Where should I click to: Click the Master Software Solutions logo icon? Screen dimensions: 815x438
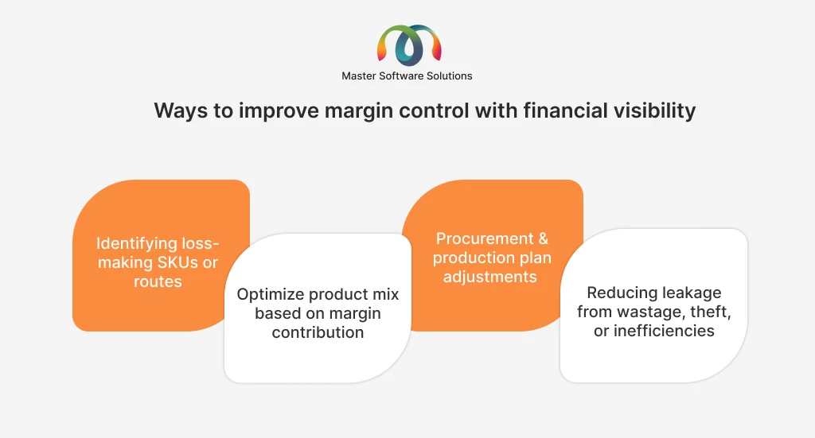[x=409, y=45]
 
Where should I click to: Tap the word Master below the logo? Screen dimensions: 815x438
[x=359, y=76]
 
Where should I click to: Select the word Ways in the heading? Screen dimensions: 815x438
[x=181, y=111]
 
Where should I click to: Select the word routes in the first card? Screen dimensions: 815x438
[x=158, y=281]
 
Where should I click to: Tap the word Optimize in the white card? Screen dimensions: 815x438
[x=271, y=295]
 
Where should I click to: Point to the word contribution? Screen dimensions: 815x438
[x=318, y=332]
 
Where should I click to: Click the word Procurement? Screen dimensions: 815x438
[x=485, y=238]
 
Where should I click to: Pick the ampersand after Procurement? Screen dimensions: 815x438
[x=543, y=238]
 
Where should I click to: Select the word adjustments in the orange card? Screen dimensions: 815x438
[x=490, y=277]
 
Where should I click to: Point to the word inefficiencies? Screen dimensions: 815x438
[x=664, y=331]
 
